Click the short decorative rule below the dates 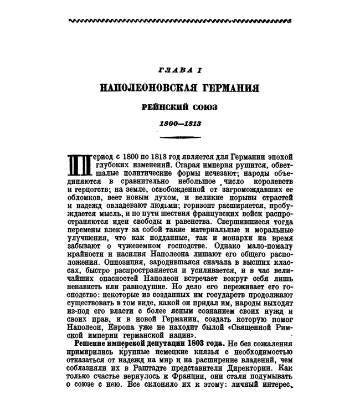pos(179,136)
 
